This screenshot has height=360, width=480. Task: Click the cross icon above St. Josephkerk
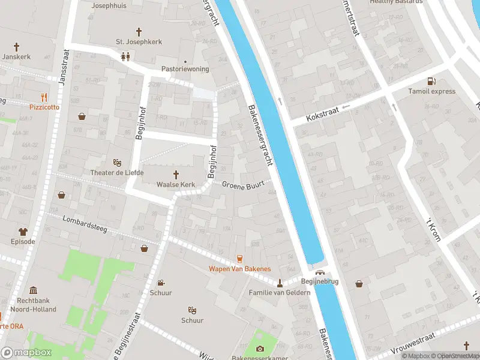[x=139, y=31]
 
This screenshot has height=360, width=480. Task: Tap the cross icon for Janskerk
[x=17, y=46]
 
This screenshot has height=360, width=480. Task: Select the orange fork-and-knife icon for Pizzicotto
[x=44, y=97]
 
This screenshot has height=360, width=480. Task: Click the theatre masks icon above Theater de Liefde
[x=118, y=163]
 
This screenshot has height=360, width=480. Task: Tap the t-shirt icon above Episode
[x=23, y=232]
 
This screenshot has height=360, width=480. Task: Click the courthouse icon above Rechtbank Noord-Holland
[x=33, y=290]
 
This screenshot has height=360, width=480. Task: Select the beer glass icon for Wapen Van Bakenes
[x=239, y=259]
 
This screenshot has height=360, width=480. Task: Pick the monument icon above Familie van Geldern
[x=280, y=283]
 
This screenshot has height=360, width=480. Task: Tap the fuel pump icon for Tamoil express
[x=430, y=82]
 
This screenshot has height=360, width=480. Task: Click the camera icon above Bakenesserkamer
[x=260, y=349]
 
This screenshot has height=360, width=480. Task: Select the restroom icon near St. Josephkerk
[x=125, y=57]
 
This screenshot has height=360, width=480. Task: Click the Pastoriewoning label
[x=185, y=69]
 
